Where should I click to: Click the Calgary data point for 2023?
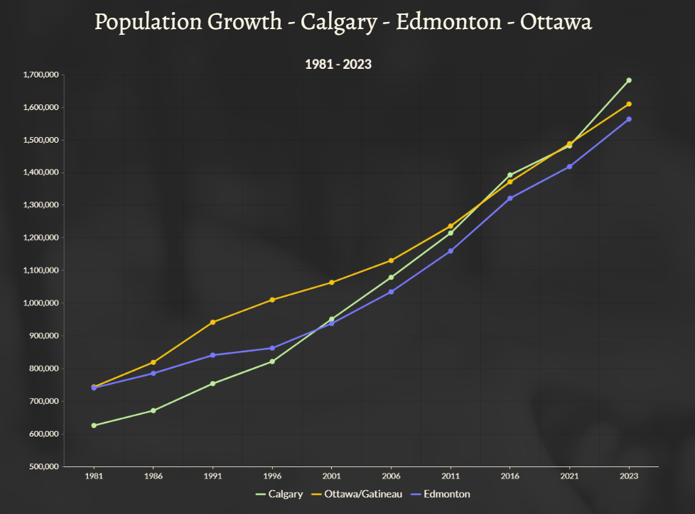[629, 80]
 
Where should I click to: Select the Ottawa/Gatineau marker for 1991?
[212, 322]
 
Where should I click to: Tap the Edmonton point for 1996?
[272, 348]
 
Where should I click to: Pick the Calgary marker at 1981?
[94, 425]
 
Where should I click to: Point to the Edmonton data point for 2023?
[629, 119]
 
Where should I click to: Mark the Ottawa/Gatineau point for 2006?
[391, 261]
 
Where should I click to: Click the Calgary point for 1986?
[153, 410]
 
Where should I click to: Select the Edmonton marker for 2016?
[510, 198]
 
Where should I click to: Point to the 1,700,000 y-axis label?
[41, 75]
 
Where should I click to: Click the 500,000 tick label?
[43, 466]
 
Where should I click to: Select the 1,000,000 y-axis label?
[41, 303]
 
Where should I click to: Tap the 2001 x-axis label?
[331, 476]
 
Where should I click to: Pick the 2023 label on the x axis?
[629, 476]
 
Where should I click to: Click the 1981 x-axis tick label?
[94, 476]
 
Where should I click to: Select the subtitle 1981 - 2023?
[338, 64]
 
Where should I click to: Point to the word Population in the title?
[148, 22]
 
